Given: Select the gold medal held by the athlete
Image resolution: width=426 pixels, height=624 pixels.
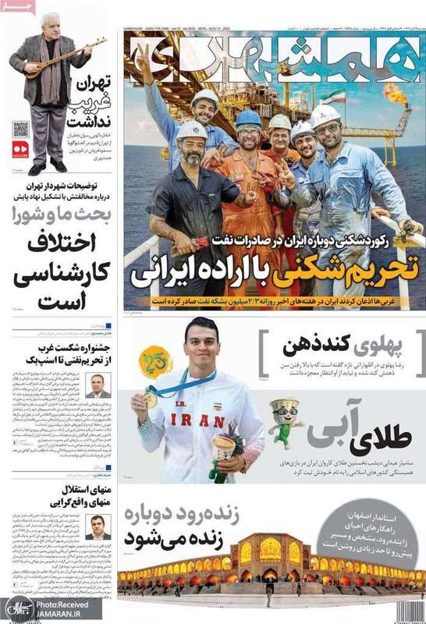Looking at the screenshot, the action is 151,398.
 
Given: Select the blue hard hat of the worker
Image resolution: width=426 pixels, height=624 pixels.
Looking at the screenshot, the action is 249,118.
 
